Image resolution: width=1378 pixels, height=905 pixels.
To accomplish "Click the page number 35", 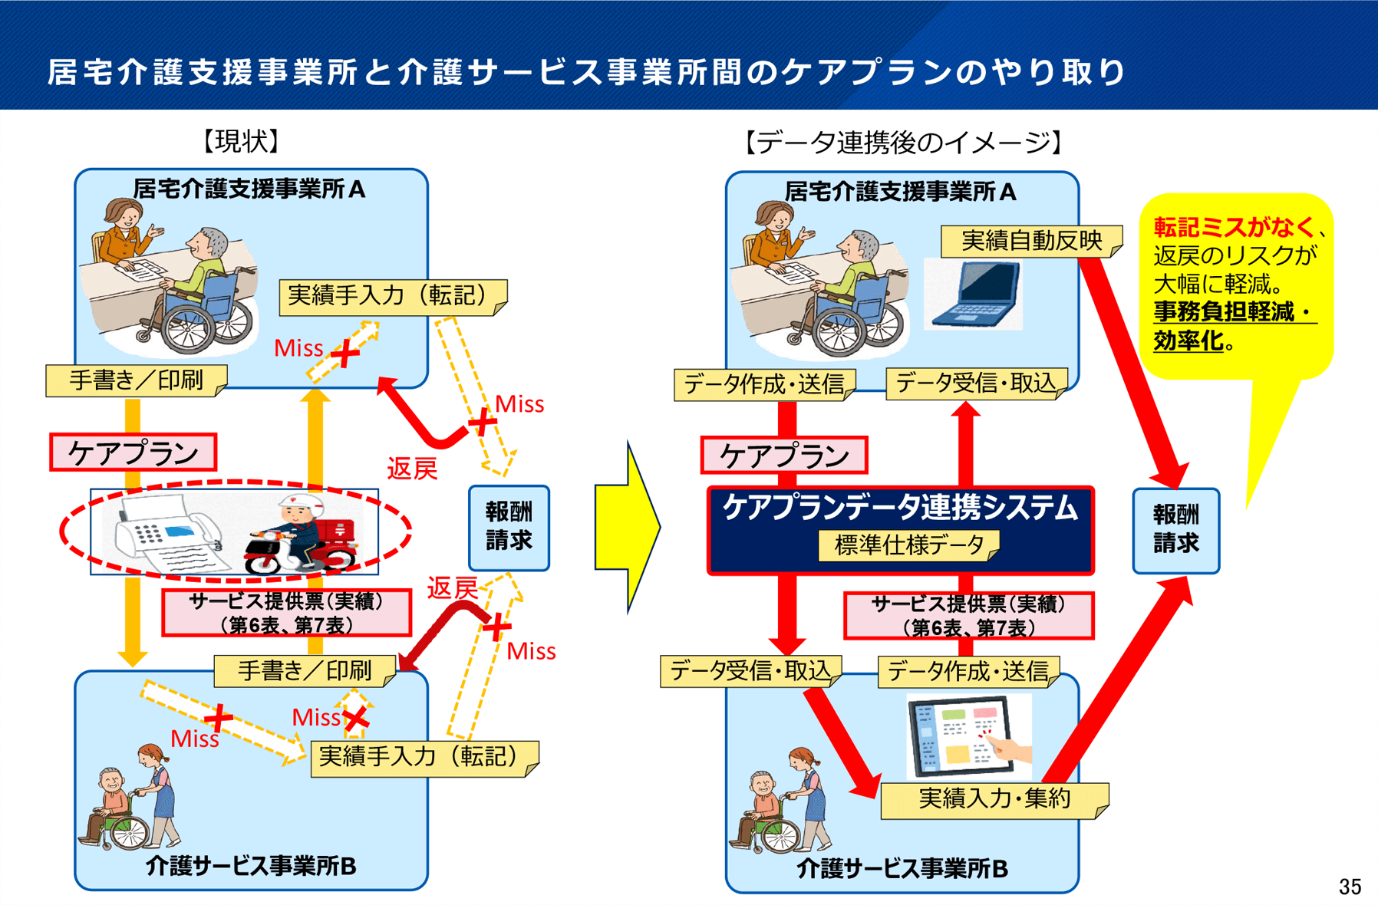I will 1350,887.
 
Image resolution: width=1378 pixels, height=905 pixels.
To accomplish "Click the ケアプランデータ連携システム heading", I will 900,508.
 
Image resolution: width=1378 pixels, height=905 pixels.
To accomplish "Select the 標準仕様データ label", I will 908,545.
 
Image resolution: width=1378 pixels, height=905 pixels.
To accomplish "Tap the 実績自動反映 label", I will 1030,241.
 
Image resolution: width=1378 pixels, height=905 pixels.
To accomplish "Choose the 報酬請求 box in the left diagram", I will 509,528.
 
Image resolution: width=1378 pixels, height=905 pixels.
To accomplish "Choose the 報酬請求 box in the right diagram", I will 1175,530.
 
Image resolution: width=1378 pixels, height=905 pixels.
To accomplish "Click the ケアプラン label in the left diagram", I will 133,452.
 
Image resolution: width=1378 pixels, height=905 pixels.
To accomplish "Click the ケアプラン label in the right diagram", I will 783,456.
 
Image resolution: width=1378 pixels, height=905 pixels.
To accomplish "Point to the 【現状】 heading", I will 241,141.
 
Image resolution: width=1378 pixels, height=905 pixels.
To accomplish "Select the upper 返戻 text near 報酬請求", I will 411,469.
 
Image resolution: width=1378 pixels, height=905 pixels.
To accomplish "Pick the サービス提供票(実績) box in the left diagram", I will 286,613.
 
